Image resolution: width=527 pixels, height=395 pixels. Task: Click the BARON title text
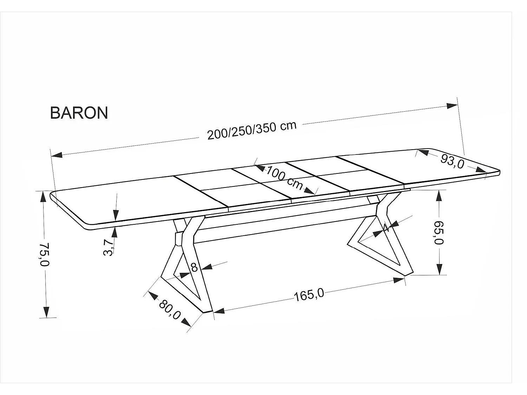click(x=79, y=113)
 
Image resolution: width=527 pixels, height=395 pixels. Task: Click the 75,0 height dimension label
click(x=44, y=254)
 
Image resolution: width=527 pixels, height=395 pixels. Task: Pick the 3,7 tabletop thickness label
click(x=109, y=248)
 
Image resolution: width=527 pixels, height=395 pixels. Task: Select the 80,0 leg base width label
click(x=169, y=310)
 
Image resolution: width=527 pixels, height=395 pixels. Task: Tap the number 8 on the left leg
click(x=194, y=267)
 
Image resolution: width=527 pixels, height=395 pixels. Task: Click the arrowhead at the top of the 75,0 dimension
click(x=43, y=198)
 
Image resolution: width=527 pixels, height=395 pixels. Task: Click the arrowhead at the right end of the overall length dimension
click(x=452, y=106)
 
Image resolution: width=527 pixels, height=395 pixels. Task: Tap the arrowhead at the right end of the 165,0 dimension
click(x=399, y=280)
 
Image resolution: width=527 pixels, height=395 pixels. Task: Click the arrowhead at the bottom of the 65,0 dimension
click(x=440, y=269)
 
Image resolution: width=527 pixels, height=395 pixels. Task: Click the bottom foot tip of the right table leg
click(x=409, y=274)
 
